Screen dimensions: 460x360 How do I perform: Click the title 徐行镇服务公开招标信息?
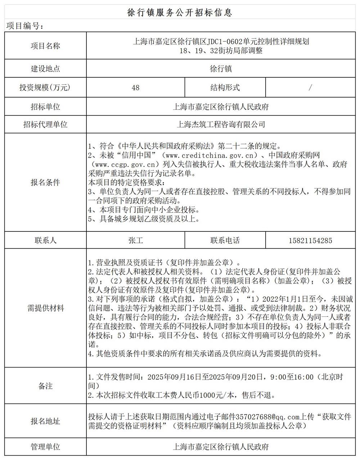180,13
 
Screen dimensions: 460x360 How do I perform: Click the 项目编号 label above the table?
25,27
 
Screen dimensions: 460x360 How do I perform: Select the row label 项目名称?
45,46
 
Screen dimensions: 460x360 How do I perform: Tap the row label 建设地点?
45,68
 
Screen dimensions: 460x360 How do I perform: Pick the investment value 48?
135,87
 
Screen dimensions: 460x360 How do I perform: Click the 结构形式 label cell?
225,87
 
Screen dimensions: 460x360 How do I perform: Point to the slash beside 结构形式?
310,87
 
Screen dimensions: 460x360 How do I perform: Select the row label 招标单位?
45,107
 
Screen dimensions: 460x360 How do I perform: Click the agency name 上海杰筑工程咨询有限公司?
221,125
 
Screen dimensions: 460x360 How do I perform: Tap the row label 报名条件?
45,182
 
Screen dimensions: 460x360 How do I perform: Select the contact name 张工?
135,240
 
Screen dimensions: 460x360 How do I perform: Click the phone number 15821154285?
310,240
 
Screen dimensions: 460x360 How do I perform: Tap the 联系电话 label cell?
225,240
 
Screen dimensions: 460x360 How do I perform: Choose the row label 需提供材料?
45,308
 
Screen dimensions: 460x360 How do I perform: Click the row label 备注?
45,386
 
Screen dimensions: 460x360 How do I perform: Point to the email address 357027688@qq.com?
267,417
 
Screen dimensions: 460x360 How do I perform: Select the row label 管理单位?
45,447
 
